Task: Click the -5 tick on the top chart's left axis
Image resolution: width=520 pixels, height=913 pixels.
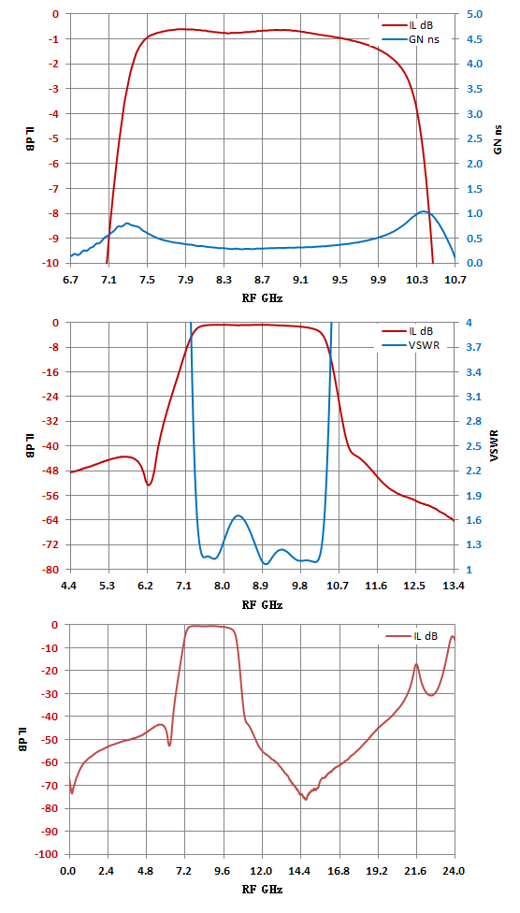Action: coord(54,138)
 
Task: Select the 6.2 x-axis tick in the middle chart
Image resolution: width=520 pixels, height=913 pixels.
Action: coord(147,586)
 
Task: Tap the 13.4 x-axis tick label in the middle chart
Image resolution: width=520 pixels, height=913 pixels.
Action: coord(455,586)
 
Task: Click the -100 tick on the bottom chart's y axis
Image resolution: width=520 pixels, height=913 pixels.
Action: coord(51,854)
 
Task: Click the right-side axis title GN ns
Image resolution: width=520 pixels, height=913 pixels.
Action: coord(498,138)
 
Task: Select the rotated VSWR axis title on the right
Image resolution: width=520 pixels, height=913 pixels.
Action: coord(495,445)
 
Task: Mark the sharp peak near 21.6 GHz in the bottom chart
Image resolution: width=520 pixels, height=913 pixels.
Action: coord(416,664)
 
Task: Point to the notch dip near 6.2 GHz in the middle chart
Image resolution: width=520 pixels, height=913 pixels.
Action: coord(149,485)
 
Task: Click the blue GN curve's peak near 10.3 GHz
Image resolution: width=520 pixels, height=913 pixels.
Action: coord(425,211)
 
